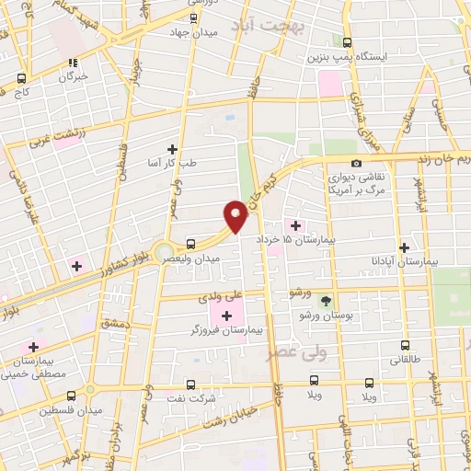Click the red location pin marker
click(235, 215)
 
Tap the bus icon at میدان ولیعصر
click(190, 244)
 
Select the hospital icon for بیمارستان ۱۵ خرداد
click(295, 225)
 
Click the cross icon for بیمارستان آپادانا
click(405, 247)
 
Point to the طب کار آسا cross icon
click(171, 148)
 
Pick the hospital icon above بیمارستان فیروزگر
click(226, 316)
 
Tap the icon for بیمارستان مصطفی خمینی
click(34, 347)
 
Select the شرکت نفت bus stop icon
click(190, 385)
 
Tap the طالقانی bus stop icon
click(406, 348)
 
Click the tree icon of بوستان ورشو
click(324, 301)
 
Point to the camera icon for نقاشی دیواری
click(356, 163)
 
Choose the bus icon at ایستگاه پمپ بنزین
click(347, 42)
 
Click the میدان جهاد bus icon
click(192, 18)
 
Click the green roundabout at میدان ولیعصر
click(164, 251)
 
